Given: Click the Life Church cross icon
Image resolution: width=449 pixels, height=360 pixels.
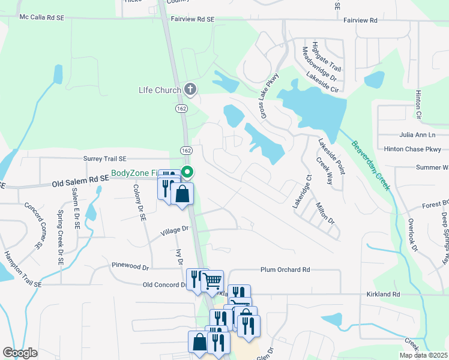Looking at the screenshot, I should click(x=190, y=91).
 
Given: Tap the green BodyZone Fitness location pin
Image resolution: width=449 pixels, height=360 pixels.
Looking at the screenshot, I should click(x=187, y=172).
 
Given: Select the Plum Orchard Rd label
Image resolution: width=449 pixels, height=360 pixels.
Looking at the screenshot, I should click(x=285, y=270).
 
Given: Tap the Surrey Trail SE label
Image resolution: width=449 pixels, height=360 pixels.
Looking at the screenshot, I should click(x=105, y=159).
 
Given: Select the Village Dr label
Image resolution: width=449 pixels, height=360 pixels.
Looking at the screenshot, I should click(x=174, y=229).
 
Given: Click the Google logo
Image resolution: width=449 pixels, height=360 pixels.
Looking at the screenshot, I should click(x=20, y=353).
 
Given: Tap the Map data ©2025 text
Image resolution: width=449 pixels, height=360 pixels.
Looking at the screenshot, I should click(x=423, y=355).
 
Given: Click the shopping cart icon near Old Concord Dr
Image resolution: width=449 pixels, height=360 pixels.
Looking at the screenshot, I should click(x=212, y=280).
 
